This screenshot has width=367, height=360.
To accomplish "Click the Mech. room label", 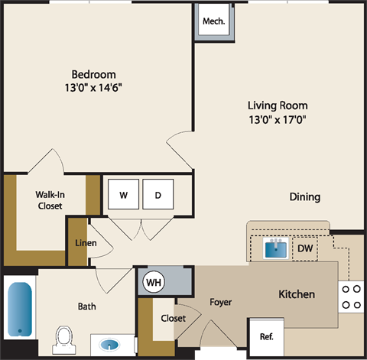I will click(x=213, y=21).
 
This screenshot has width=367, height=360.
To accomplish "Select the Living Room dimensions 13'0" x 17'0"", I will click(x=278, y=118).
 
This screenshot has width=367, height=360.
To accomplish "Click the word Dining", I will click(x=304, y=196).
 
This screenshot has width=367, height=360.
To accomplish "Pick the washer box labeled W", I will click(x=122, y=195).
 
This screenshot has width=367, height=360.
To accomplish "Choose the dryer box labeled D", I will click(x=158, y=195).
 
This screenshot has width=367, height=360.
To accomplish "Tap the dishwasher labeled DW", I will click(x=304, y=248).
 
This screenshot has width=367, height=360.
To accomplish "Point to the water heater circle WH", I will click(x=154, y=282).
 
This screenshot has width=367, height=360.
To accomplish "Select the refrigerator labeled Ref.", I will click(x=267, y=336).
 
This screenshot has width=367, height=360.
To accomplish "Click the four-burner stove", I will click(x=352, y=297).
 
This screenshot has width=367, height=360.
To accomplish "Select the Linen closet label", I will click(x=84, y=243).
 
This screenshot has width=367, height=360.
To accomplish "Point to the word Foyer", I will click(x=221, y=302).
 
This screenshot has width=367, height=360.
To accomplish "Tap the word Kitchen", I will click(x=297, y=294).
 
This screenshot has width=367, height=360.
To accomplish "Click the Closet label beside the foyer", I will click(x=173, y=318).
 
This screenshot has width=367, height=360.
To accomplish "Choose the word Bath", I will click(x=86, y=306).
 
